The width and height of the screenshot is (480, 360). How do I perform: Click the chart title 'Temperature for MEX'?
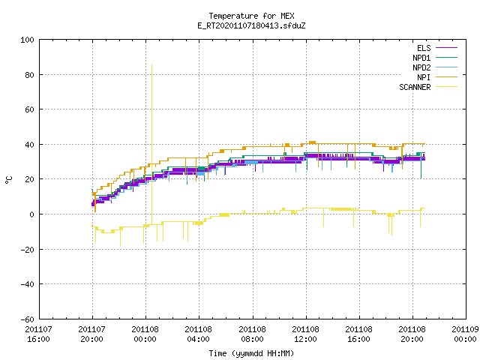[x=251, y=16]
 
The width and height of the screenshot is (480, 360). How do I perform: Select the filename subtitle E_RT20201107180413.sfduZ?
[x=251, y=25]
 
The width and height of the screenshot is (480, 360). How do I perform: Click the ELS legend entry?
[x=424, y=48]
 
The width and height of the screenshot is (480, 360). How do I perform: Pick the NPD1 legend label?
[x=421, y=58]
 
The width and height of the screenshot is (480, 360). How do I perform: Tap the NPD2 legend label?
[x=421, y=67]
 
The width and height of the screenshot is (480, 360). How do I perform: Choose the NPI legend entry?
[x=424, y=77]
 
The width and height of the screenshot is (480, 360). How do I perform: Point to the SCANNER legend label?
[x=415, y=87]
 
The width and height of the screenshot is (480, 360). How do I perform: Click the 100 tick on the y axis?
[x=27, y=40]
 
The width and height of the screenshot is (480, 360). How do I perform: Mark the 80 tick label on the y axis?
[x=29, y=75]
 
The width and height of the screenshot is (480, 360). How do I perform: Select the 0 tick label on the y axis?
[x=31, y=214]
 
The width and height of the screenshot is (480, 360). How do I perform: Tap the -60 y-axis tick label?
[x=27, y=319]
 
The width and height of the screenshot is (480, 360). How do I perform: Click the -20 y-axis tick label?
[x=27, y=250]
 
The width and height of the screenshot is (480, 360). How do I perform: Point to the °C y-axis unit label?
[x=8, y=180]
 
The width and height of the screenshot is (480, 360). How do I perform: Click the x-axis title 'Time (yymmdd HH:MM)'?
[x=251, y=353]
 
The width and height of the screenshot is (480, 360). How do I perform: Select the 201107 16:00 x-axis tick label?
[x=38, y=334]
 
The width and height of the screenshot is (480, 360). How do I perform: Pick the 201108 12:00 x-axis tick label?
[x=305, y=334]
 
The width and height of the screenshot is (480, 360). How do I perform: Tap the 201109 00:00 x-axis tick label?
[x=465, y=334]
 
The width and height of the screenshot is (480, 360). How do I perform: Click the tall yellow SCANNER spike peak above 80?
[x=151, y=65]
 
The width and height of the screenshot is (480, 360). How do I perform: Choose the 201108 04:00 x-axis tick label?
[x=198, y=334]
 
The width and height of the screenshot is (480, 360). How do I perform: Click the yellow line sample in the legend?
[x=447, y=87]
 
